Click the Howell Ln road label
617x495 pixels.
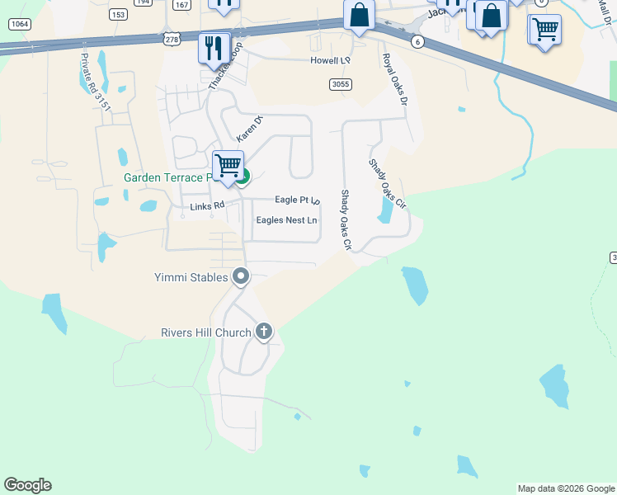(330, 61)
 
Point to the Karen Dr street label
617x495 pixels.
(248, 127)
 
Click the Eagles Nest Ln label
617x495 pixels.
(286, 220)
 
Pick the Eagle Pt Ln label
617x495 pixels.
(297, 200)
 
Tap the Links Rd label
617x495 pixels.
(207, 206)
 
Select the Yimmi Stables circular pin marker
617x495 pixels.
(241, 276)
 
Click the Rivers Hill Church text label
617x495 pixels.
(205, 332)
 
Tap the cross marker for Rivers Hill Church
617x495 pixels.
(264, 332)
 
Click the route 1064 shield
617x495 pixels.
(20, 24)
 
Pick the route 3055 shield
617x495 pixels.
(339, 84)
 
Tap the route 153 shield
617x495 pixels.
(118, 14)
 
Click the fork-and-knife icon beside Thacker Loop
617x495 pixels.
(214, 48)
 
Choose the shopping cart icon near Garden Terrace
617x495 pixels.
(228, 165)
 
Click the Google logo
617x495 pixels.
(27, 485)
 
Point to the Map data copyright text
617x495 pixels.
(566, 488)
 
